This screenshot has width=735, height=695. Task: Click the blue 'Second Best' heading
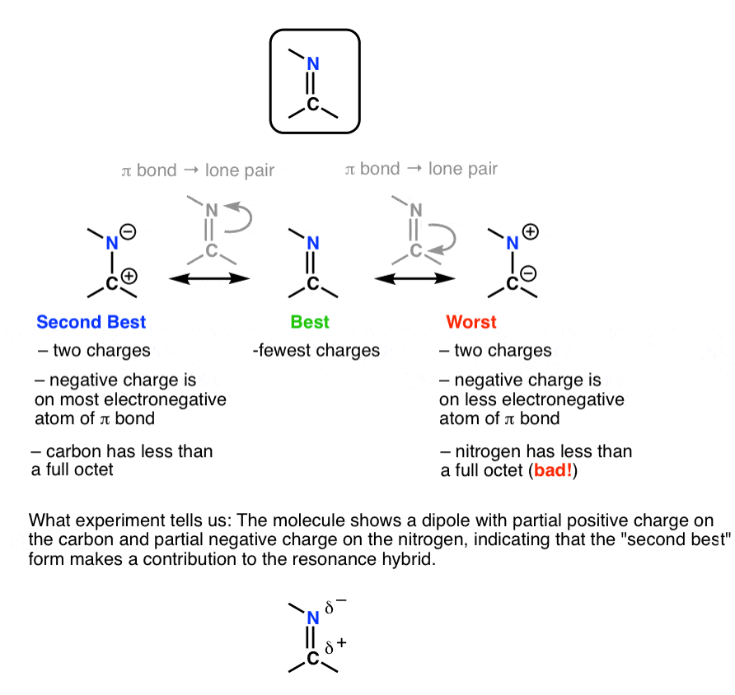[x=91, y=321]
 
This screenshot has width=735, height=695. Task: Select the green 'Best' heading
[x=310, y=321]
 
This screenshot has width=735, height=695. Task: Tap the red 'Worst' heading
[x=466, y=321]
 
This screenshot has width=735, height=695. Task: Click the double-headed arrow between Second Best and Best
[x=209, y=280]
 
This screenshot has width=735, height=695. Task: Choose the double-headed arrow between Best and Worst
[x=415, y=280]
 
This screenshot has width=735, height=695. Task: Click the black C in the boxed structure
[x=312, y=105]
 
